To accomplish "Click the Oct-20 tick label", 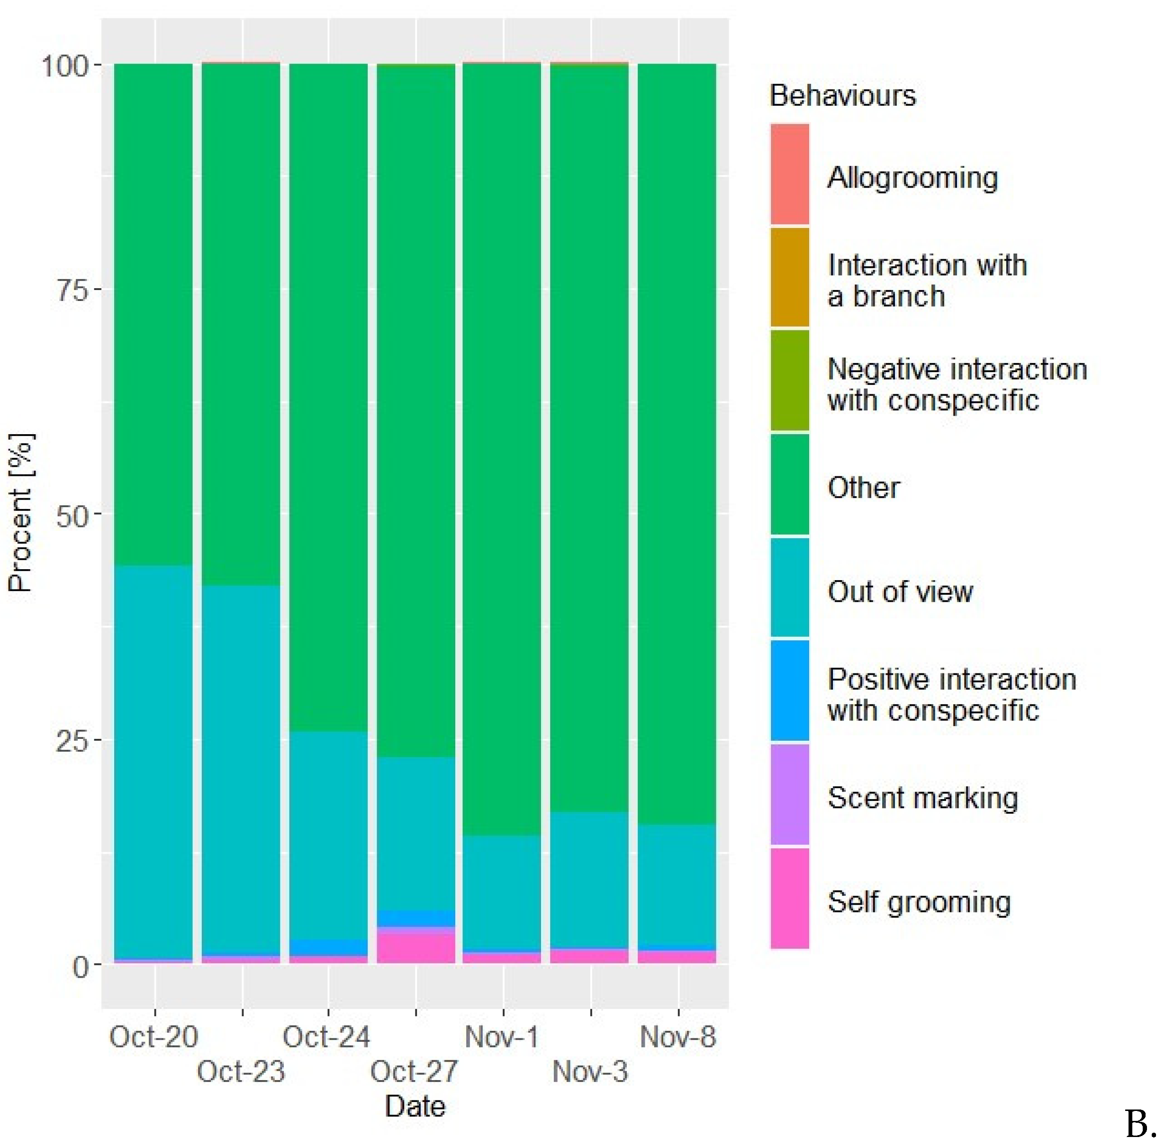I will tap(154, 1037).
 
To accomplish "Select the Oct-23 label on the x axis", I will tap(241, 1072).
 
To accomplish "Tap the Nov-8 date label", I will tap(677, 1037).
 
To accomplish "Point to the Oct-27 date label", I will tap(414, 1072).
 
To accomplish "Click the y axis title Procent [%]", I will tap(21, 513).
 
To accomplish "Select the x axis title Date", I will tap(415, 1106).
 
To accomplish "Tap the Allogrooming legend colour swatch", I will tap(789, 174).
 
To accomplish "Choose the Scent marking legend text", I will tap(922, 798).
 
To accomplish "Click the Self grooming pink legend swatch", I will tap(789, 899).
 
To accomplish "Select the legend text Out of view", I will tap(900, 591).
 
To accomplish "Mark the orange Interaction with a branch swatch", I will tap(789, 277).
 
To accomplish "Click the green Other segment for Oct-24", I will tap(328, 397).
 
